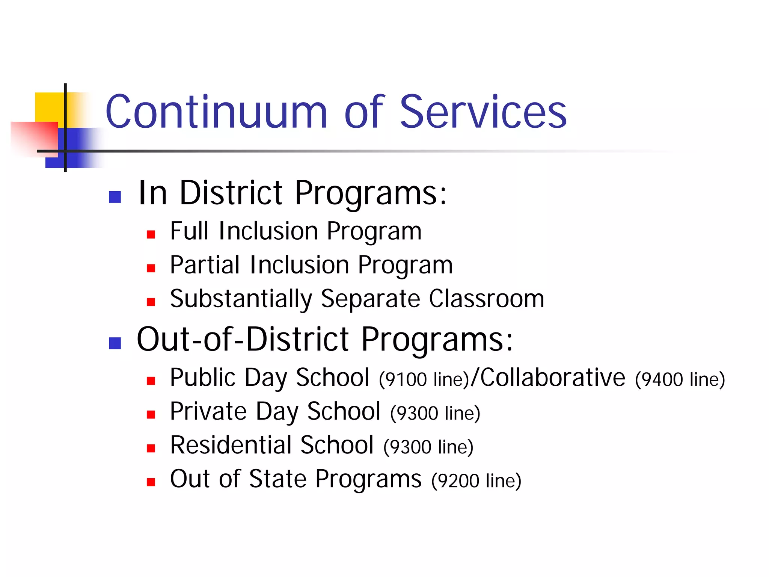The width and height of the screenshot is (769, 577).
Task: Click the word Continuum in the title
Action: pyautogui.click(x=217, y=112)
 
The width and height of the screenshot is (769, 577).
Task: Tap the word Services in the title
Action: pyautogui.click(x=483, y=112)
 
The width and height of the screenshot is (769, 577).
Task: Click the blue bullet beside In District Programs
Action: pyautogui.click(x=115, y=197)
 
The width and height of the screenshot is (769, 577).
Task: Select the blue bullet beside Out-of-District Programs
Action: pyautogui.click(x=115, y=343)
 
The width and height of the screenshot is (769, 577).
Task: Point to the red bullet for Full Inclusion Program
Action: pyautogui.click(x=151, y=235)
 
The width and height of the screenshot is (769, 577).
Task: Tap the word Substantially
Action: pyautogui.click(x=241, y=299)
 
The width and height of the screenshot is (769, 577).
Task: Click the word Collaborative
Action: pyautogui.click(x=553, y=377)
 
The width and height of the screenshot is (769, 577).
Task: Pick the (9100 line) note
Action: pyautogui.click(x=424, y=379)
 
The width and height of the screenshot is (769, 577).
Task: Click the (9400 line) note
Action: pyautogui.click(x=680, y=379)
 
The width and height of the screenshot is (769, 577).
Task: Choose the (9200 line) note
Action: pyautogui.click(x=476, y=481)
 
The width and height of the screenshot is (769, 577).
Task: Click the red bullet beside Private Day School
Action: pyautogui.click(x=151, y=415)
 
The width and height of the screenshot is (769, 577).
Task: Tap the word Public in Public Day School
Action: pyautogui.click(x=203, y=377)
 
